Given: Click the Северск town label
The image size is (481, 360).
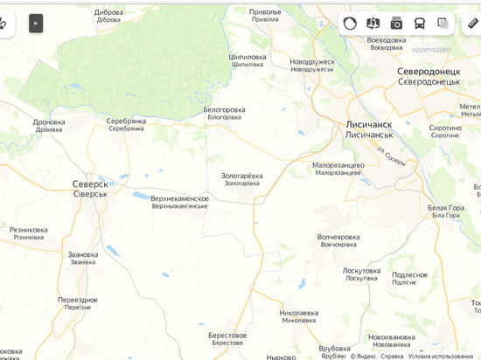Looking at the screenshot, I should [x=90, y=184].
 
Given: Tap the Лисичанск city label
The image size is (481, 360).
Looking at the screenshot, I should [x=368, y=125].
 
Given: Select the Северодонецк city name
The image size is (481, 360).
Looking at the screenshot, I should [x=428, y=71].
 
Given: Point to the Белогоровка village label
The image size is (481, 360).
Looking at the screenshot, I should [x=224, y=110].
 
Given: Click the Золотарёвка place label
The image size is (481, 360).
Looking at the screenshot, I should [x=241, y=176].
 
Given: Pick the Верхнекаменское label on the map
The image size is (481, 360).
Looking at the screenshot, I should [x=179, y=198].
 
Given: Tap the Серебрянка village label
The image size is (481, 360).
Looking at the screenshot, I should [x=126, y=121].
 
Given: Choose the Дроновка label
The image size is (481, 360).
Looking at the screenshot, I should [x=49, y=122].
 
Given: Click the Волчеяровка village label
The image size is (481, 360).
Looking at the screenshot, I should [x=338, y=237].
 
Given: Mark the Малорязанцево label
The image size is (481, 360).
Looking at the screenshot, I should [x=338, y=165].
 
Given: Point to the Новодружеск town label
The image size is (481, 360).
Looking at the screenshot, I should [x=312, y=62].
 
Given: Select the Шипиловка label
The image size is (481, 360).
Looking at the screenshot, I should [x=247, y=57].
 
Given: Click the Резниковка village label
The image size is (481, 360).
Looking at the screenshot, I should [x=29, y=230].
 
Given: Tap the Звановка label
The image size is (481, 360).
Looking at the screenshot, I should [x=83, y=255].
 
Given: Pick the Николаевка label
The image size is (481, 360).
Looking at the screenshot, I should [x=298, y=313].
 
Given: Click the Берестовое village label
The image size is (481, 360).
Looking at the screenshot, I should [x=227, y=336].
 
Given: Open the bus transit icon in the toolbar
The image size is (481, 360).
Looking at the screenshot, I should [x=420, y=24].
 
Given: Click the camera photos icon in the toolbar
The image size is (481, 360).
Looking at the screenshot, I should [x=396, y=24].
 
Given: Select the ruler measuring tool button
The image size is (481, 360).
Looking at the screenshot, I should [x=472, y=24].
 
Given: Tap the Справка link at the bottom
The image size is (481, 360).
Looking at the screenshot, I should [x=392, y=356].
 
